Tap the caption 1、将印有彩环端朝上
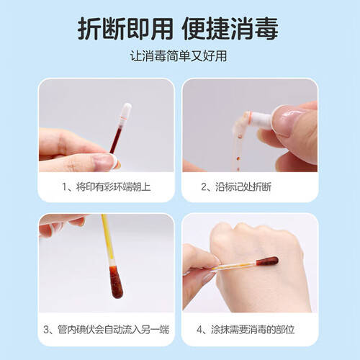(x=107, y=186)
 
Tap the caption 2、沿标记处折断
(x=250, y=186)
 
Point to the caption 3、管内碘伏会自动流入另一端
(x=107, y=330)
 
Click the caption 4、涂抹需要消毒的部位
(x=250, y=330)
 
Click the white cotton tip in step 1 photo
(x=125, y=112)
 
